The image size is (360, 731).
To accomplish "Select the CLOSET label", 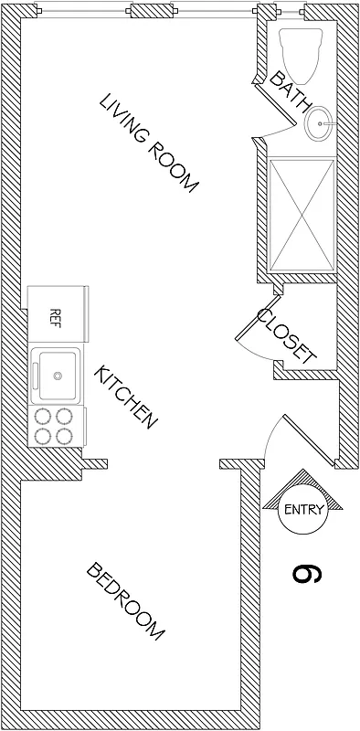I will click(286, 335).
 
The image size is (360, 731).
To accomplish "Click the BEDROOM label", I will click(126, 601).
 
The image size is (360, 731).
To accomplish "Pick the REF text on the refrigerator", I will click(54, 319).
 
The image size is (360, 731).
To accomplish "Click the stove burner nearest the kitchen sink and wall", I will click(42, 416).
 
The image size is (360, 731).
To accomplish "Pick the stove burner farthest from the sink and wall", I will click(64, 436).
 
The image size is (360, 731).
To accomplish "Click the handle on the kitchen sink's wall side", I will click(37, 375).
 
